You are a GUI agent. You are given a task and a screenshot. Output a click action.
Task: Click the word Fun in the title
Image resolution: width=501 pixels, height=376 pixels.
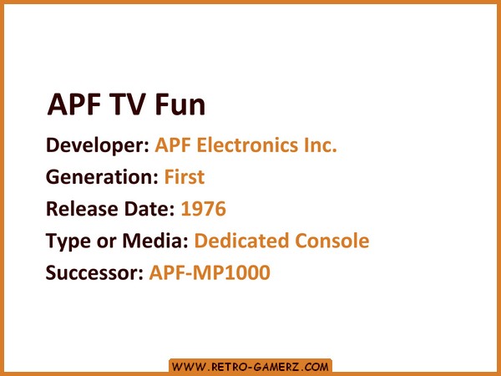click(x=180, y=104)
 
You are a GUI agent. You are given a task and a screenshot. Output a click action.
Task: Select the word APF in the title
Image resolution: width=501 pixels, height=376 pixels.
click(x=73, y=104)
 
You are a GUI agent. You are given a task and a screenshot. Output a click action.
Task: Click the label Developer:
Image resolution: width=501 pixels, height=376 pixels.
click(x=98, y=145)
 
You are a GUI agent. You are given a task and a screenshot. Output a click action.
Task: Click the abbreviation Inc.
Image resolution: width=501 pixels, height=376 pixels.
click(x=320, y=145)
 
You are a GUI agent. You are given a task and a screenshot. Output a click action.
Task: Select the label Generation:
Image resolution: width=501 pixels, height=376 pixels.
click(x=102, y=177)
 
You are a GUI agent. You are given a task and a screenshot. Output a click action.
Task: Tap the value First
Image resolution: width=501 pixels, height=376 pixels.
click(x=185, y=177)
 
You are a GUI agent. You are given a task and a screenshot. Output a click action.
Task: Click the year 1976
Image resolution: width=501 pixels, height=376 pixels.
click(x=204, y=209)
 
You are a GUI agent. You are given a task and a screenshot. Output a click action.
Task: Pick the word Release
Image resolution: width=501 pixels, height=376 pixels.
click(x=82, y=209)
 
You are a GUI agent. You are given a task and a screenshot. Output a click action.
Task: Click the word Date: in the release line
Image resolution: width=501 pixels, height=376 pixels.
click(x=149, y=209)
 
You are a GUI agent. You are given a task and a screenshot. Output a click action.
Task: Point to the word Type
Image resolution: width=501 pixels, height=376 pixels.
click(x=68, y=241)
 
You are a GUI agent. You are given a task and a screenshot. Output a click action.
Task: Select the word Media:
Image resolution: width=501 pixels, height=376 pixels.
click(x=155, y=241)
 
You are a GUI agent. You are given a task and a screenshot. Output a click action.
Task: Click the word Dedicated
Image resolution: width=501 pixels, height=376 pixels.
click(x=241, y=241)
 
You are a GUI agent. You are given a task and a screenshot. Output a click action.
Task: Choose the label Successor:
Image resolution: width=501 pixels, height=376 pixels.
click(x=94, y=272)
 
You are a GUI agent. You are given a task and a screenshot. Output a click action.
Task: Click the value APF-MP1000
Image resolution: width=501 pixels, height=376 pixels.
click(x=210, y=272)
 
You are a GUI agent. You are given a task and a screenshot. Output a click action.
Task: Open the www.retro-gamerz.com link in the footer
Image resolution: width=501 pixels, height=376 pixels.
click(x=250, y=367)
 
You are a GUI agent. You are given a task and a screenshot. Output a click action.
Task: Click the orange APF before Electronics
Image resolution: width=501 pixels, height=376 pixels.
click(x=173, y=145)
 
